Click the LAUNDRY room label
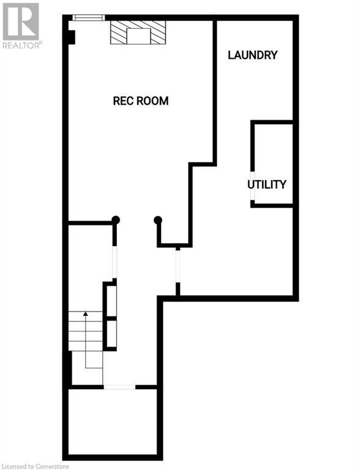tap(253, 55)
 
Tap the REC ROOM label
tap(141, 101)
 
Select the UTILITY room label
tap(267, 184)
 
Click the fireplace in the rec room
tap(138, 32)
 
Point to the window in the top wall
tap(89, 18)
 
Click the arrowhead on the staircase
tap(86, 314)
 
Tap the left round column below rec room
tap(116, 220)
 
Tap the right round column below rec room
tap(158, 220)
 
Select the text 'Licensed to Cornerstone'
tap(36, 466)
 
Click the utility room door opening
tap(253, 186)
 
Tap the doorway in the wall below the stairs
tap(119, 387)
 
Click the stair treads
tap(86, 331)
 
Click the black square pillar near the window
tap(71, 37)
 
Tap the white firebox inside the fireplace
tap(138, 36)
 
